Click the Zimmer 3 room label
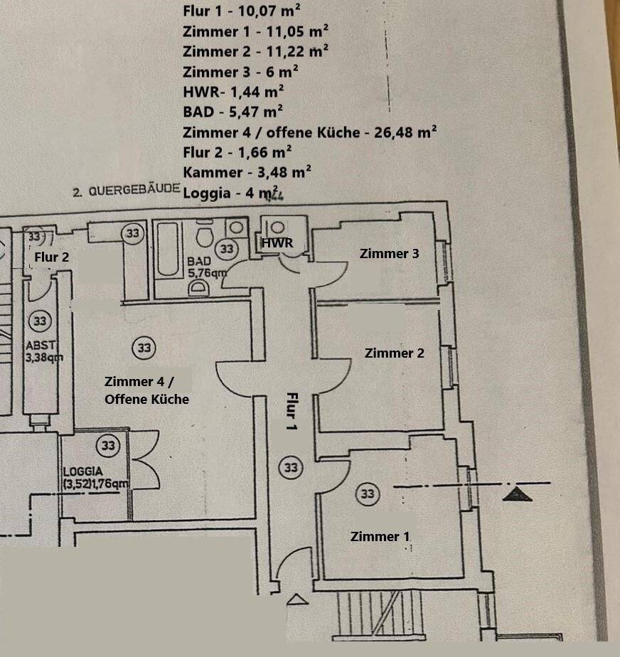[389, 253]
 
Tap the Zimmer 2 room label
[394, 353]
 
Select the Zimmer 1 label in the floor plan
[380, 536]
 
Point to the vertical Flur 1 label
[291, 412]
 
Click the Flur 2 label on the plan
[51, 257]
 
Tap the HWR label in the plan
[276, 243]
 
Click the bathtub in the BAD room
[169, 251]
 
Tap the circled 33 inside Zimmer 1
[368, 493]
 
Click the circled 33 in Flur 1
[291, 467]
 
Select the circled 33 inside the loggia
[108, 446]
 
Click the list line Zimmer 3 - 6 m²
[240, 72]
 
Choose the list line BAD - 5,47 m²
[233, 111]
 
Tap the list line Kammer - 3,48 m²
[247, 171]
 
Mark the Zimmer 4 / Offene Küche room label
[146, 390]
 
